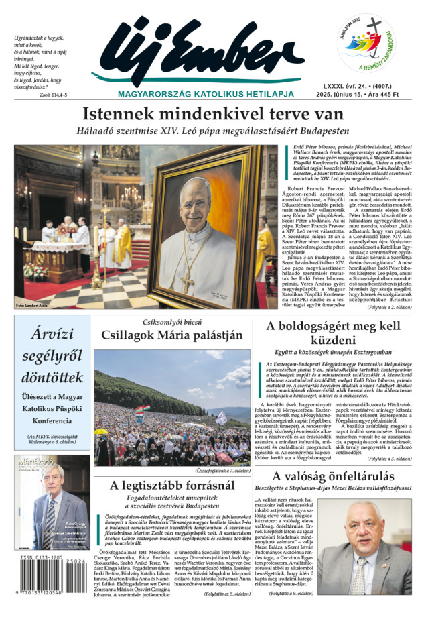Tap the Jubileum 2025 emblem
366,44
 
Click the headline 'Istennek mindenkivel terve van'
212,114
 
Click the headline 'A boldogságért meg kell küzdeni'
337,333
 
